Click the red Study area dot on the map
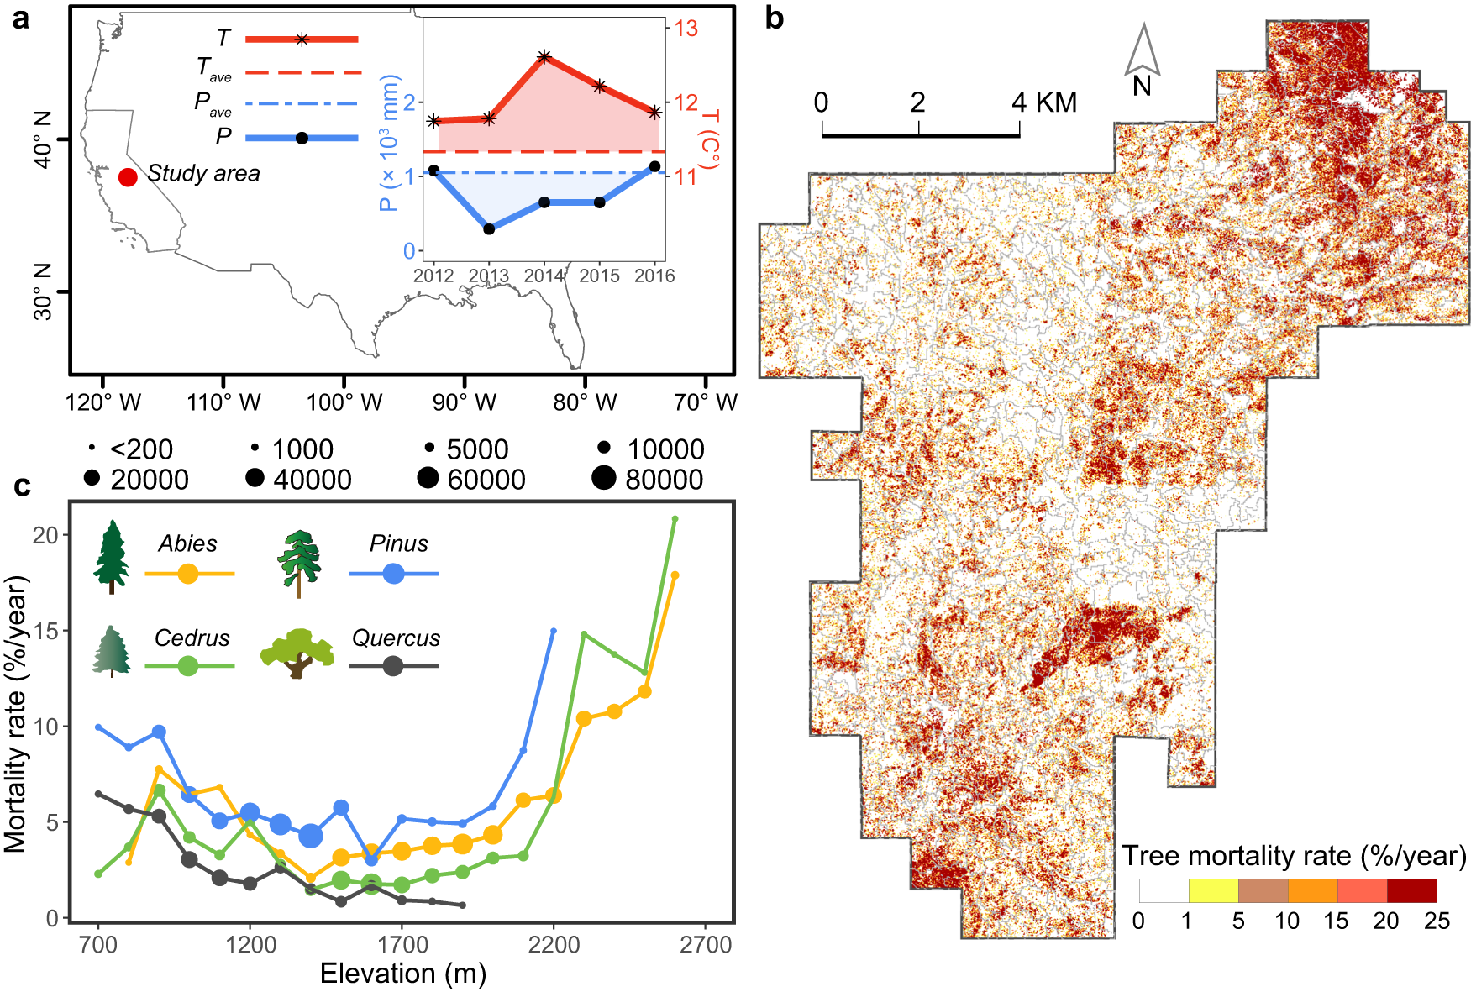(x=128, y=177)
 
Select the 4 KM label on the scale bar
(x=1044, y=102)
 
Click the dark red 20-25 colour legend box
(x=1411, y=890)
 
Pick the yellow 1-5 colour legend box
(x=1213, y=890)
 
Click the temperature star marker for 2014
(x=544, y=57)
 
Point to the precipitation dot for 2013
(x=489, y=228)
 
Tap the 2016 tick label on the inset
(x=654, y=276)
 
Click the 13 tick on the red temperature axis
(x=686, y=29)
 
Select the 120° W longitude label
(x=103, y=402)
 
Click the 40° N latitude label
(x=42, y=139)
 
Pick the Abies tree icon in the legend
(x=112, y=557)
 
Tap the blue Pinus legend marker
(x=393, y=574)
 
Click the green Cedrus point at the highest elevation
(x=675, y=519)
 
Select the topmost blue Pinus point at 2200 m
(x=553, y=630)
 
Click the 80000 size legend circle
(x=603, y=478)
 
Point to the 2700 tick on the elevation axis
(x=706, y=945)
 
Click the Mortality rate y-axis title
(x=17, y=714)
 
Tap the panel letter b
(x=775, y=18)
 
